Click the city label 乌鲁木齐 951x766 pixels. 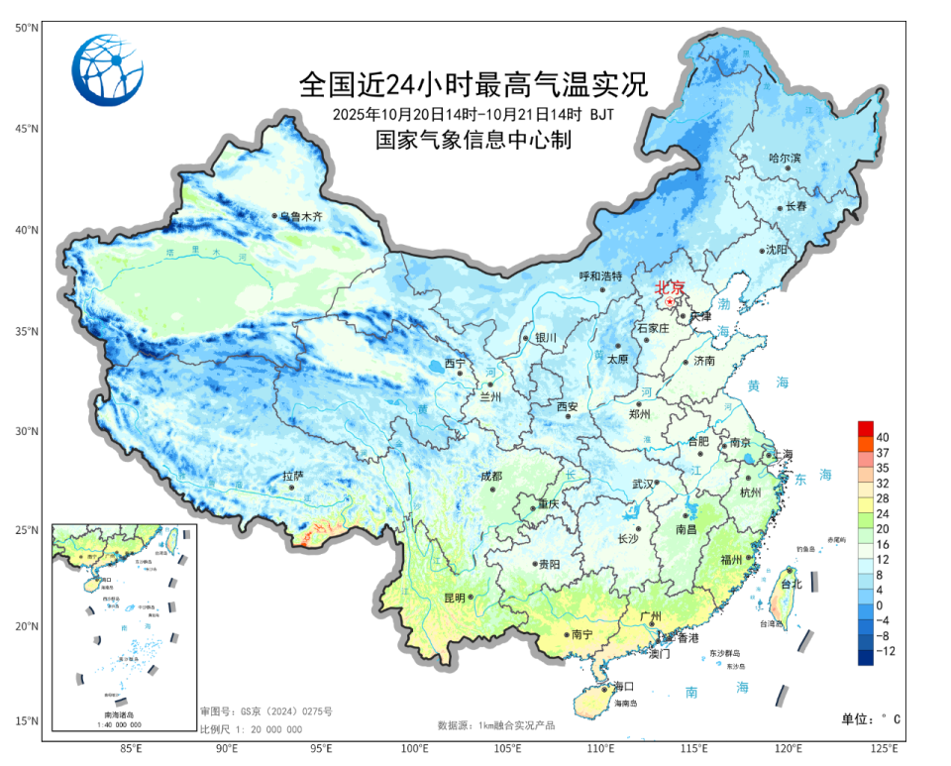click(x=301, y=216)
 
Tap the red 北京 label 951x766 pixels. click(x=670, y=288)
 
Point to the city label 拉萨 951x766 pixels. click(x=291, y=477)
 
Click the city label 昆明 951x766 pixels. click(x=454, y=598)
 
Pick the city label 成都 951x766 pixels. click(x=491, y=477)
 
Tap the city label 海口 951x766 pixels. click(x=623, y=686)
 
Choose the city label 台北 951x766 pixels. click(x=791, y=585)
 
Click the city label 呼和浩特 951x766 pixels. click(x=600, y=276)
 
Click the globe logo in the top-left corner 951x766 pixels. click(x=107, y=69)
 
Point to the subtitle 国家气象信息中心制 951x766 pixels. click(x=473, y=141)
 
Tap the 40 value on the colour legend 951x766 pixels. click(x=882, y=437)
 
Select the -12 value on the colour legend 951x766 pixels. click(x=884, y=651)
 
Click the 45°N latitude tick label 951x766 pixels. click(x=26, y=129)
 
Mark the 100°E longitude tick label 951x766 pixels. click(x=415, y=748)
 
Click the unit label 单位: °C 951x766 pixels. click(x=871, y=718)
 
